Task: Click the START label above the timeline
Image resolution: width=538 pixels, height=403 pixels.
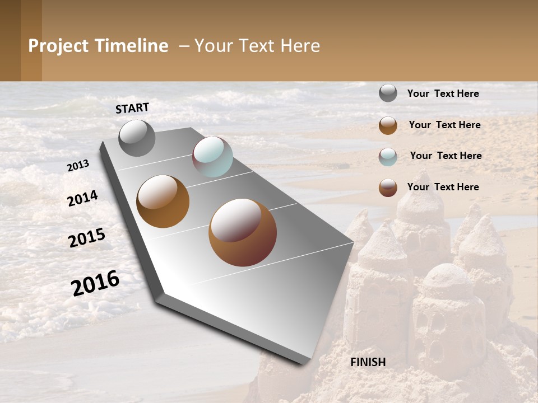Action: point(132,108)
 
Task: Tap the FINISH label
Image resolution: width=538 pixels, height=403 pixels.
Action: point(368,362)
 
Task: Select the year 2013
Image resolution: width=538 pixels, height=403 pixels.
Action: point(78,166)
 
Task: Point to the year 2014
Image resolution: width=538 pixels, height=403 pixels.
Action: point(82,198)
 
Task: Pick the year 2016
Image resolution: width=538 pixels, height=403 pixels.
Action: point(95,283)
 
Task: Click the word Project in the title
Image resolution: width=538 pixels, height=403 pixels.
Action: point(58,46)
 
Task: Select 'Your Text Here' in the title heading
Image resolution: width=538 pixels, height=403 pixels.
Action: point(257,46)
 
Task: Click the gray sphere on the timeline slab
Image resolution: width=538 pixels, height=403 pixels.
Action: point(137,138)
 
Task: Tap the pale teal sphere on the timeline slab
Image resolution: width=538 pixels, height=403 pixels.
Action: point(212,157)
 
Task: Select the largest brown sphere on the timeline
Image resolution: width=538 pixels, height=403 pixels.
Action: point(243,232)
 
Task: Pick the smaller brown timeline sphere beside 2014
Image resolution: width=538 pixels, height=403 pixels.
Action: point(163,201)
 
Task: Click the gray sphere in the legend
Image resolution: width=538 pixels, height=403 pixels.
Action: point(388,93)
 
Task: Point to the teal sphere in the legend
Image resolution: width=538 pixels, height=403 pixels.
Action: point(388,156)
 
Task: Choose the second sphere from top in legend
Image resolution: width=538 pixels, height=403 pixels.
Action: point(388,125)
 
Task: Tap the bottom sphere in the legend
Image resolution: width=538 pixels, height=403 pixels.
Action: point(388,188)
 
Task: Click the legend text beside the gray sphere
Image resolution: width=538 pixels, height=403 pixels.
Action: point(443,93)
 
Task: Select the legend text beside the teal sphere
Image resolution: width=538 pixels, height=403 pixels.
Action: point(446,156)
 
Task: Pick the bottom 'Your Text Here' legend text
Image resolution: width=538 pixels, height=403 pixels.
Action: point(443,187)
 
